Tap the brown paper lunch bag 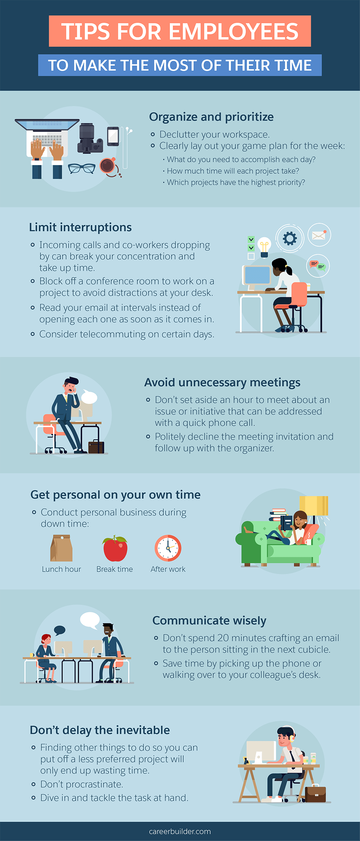point(61,548)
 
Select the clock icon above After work point(168,548)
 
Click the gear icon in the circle point(290,239)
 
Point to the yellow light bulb point(264,247)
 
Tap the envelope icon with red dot point(319,235)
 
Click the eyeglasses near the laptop point(82,168)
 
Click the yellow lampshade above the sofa point(314,505)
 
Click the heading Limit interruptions point(80,227)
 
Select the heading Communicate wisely point(209,621)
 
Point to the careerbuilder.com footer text point(180,831)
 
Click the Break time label point(115,569)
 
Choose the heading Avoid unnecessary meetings point(222,383)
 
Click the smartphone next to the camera point(113,136)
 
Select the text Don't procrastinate point(82,784)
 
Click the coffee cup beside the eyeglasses point(107,165)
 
